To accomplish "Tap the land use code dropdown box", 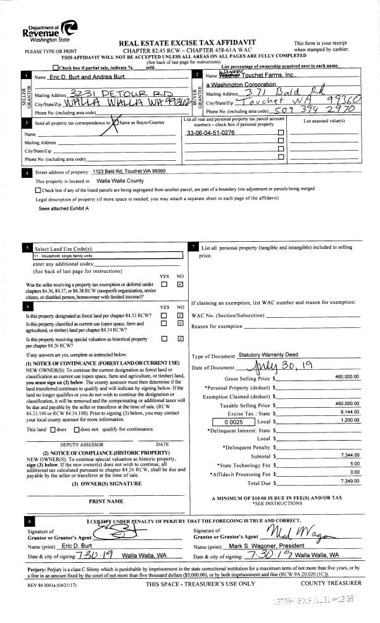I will click(107, 256).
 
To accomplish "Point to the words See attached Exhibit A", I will click(63, 208).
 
